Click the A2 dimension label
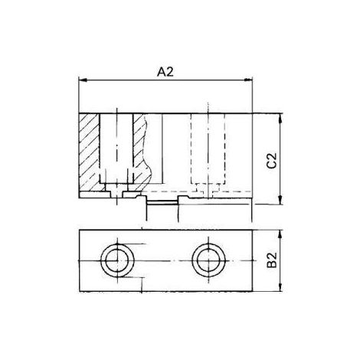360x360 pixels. (x=165, y=72)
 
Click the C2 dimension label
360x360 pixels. (x=272, y=160)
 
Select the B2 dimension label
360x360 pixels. (x=272, y=260)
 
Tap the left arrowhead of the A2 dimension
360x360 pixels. (x=83, y=80)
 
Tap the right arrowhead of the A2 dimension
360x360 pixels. (x=248, y=80)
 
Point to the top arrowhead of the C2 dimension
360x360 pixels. (x=280, y=117)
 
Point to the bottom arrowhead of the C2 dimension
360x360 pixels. (x=280, y=200)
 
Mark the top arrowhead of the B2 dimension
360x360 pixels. (x=280, y=234)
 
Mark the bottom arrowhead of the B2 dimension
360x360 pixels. (x=280, y=287)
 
